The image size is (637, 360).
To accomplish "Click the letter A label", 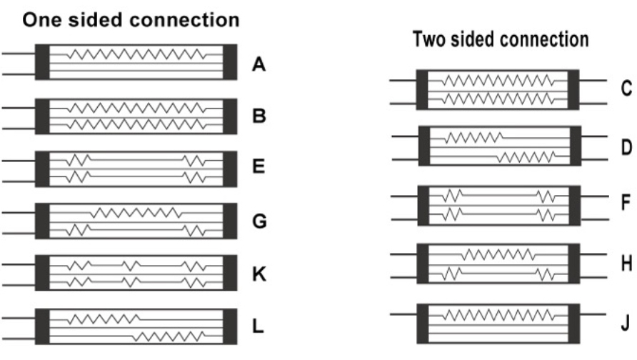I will click(259, 65).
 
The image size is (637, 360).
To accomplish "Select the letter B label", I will click(259, 116).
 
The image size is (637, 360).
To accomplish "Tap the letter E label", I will click(259, 168).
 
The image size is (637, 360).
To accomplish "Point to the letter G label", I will click(259, 221).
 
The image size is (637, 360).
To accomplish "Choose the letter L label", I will click(258, 326).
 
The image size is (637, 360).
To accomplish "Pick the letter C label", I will click(626, 89).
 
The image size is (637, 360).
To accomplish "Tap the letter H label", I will click(626, 264).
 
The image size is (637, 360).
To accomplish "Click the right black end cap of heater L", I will click(231, 326).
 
